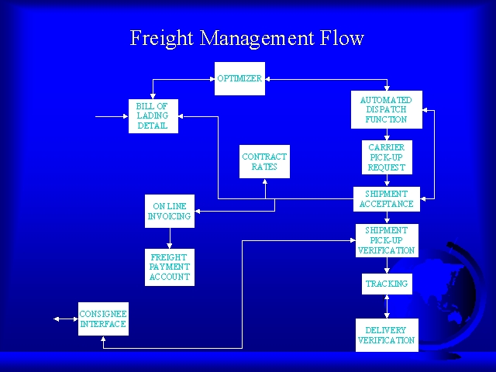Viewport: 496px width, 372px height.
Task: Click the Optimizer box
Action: pos(239,78)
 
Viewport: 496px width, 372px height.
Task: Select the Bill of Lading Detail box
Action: pos(153,115)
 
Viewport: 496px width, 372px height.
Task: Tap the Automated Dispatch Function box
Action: pos(386,110)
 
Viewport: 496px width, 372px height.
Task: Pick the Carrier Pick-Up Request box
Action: pos(386,157)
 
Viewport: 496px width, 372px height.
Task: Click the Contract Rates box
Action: pos(264,161)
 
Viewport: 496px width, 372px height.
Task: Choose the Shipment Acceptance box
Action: pos(386,199)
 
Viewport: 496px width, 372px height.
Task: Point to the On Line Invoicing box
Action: pos(169,211)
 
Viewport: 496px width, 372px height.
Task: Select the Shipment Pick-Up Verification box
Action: pos(386,240)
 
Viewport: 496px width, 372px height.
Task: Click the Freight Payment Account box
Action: pos(169,267)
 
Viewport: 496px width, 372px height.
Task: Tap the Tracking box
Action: pos(386,284)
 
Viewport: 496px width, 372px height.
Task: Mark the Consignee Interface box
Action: pos(102,319)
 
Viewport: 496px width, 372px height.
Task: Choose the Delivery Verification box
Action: pos(386,335)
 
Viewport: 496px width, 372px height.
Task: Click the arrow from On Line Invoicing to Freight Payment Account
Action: pos(169,238)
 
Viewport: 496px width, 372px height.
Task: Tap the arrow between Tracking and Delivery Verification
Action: pos(387,307)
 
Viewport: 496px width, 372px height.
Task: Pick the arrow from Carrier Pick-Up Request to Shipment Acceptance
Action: pos(387,181)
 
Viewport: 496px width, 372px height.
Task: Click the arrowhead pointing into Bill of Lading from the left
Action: pos(122,117)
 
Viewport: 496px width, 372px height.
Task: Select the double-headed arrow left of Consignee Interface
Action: pos(64,319)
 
